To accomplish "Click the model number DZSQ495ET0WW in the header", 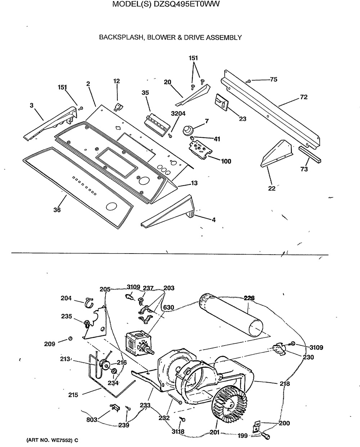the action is [186, 4].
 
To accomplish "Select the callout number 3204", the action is [178, 114].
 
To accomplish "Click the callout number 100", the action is [226, 161].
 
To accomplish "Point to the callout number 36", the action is [57, 210].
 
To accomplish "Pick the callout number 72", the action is [304, 97].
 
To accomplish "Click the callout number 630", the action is [168, 307].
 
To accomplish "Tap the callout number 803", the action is [92, 420].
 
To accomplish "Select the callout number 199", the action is [243, 436].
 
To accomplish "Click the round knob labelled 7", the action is [188, 131].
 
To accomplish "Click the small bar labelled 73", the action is [310, 155].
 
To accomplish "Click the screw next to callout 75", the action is [248, 81].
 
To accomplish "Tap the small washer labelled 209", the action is [70, 339].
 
